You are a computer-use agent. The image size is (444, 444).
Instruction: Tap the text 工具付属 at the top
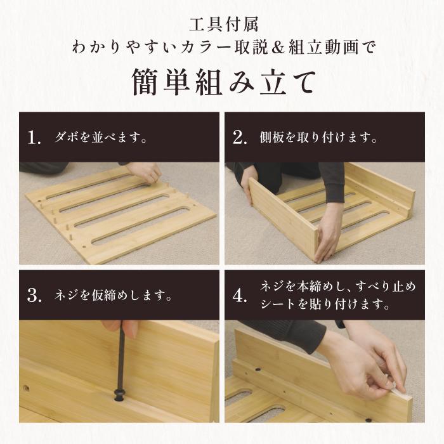click(222, 27)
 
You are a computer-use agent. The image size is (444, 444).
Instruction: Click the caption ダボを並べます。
click(101, 138)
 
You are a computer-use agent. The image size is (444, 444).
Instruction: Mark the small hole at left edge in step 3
click(26, 386)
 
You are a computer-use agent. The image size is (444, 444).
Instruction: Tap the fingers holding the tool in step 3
click(129, 330)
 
